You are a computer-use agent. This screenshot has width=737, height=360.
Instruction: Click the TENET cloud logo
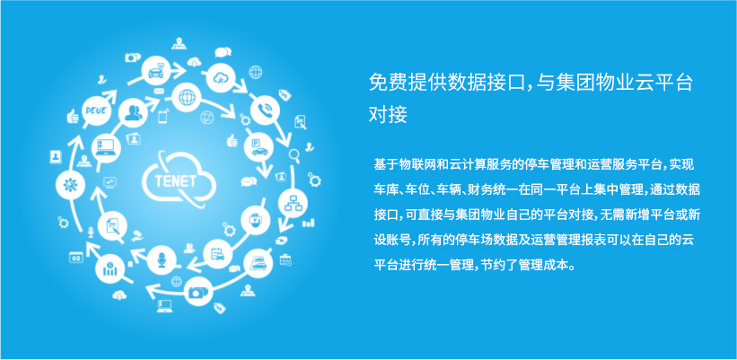[179, 179]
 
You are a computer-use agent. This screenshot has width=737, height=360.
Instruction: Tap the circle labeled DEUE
[96, 111]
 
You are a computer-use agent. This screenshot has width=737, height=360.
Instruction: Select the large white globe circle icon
[187, 97]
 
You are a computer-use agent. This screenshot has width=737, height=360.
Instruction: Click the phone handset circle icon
[265, 110]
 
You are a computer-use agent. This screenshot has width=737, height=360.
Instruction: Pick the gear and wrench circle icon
[70, 184]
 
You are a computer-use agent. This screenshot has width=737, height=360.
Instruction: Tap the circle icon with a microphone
[162, 259]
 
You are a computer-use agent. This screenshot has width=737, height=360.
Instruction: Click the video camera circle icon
[198, 292]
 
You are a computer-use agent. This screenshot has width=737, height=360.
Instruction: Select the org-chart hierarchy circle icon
[293, 203]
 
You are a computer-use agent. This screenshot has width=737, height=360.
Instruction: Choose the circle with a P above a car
[259, 146]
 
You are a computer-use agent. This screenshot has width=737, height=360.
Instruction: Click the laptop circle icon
[106, 148]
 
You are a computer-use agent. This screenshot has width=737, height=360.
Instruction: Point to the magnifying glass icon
[294, 155]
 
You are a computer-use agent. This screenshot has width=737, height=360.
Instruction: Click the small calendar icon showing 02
[76, 257]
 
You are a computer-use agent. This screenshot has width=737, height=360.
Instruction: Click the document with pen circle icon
[113, 226]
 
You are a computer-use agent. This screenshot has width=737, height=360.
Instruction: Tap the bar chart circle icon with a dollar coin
[110, 268]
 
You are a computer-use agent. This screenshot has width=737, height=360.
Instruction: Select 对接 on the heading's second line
[388, 114]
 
